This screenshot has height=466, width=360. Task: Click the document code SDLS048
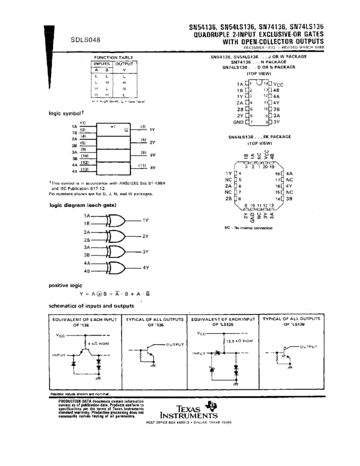click(85, 39)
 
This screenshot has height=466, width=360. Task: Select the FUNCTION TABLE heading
click(113, 57)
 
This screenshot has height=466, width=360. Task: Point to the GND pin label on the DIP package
click(238, 122)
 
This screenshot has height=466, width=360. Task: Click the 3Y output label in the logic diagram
click(146, 251)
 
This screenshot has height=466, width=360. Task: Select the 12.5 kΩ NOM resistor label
click(239, 341)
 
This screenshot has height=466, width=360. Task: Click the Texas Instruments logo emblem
click(210, 406)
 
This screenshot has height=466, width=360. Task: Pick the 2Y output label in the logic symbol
click(152, 142)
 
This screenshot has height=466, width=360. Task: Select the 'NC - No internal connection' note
click(248, 228)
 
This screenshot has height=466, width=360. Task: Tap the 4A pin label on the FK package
click(289, 173)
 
